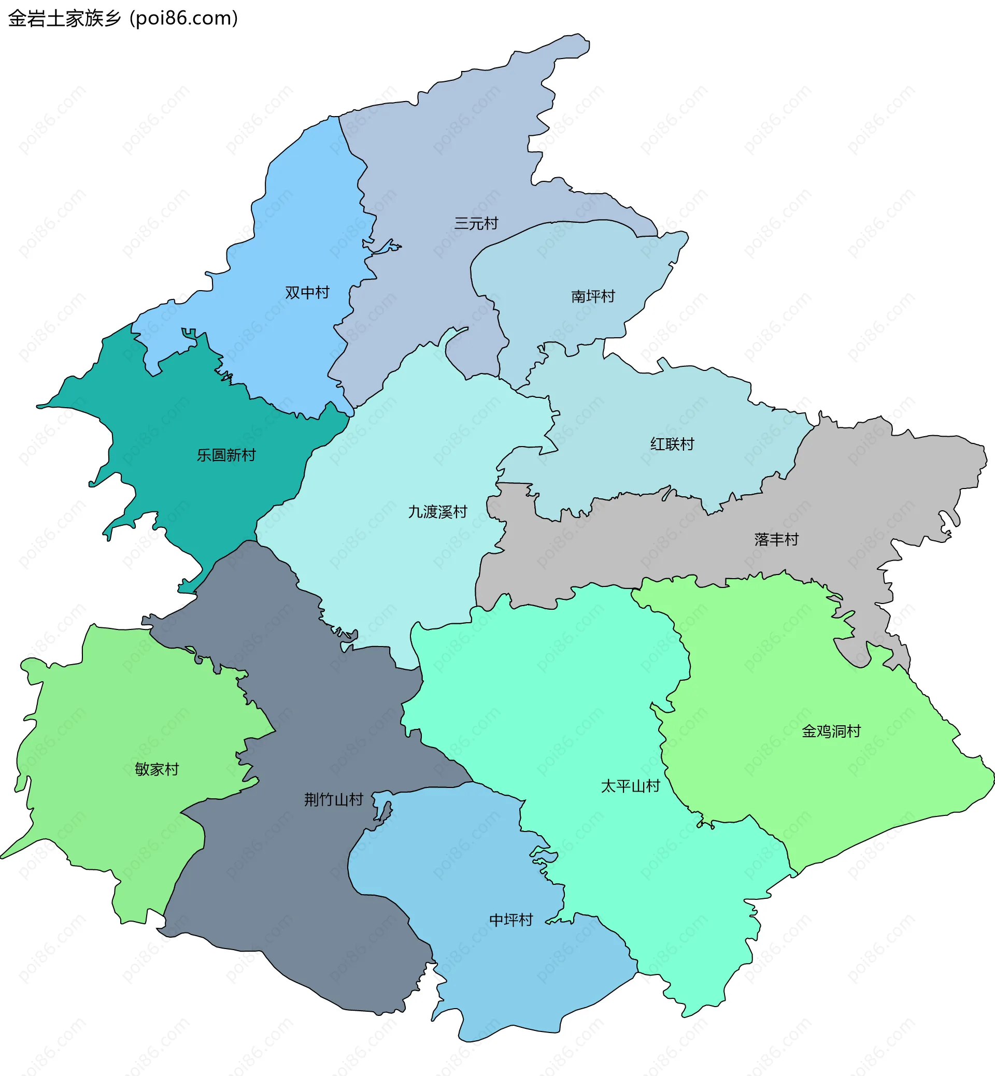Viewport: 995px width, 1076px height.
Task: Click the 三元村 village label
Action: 476,223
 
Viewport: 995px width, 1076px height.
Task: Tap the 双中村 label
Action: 307,293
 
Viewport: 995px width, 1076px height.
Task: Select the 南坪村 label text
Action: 593,296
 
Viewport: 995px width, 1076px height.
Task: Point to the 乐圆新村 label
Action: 226,455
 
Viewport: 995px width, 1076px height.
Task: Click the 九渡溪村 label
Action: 437,512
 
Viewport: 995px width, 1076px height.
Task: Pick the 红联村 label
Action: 672,444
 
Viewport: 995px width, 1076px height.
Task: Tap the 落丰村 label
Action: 776,539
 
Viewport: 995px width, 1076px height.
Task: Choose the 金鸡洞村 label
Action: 831,731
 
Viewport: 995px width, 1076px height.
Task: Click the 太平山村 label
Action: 630,786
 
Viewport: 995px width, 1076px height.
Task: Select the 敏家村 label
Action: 157,769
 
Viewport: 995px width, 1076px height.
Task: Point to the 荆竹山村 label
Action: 333,799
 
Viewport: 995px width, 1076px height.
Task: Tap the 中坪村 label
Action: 511,920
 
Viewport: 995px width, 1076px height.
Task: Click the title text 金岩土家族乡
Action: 65,18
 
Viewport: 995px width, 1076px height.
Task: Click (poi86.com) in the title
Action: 183,18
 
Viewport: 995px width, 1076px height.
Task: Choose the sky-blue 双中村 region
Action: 302,226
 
